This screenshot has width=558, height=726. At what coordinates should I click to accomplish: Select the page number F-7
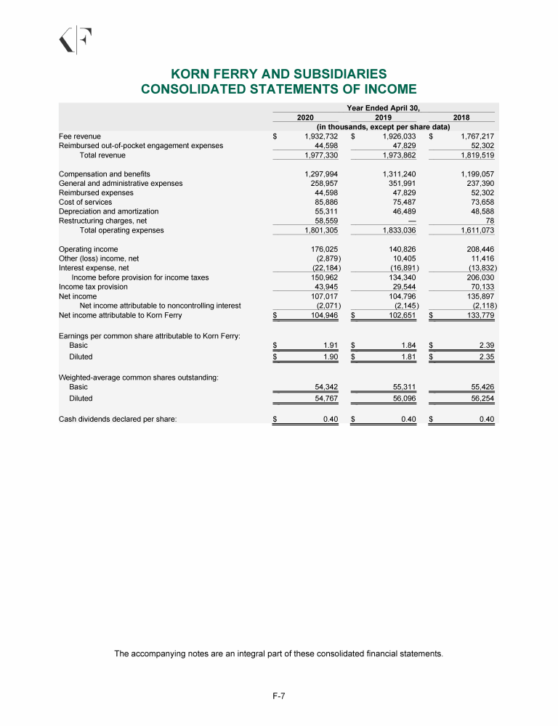coord(278,696)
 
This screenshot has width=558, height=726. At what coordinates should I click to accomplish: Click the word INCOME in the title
coord(383,89)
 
